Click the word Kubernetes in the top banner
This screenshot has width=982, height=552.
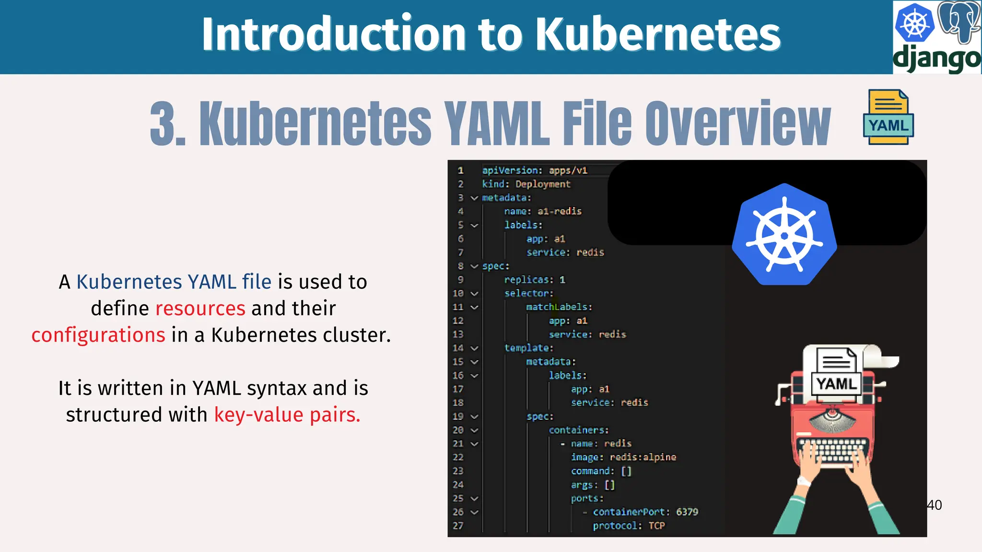click(x=658, y=34)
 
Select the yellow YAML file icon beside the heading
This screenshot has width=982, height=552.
click(x=888, y=117)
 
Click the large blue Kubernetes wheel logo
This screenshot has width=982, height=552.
click(x=784, y=235)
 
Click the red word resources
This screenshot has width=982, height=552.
click(x=200, y=309)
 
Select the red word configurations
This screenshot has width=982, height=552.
click(x=98, y=335)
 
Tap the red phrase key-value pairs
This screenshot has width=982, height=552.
click(x=287, y=415)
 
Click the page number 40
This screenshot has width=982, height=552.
click(x=935, y=505)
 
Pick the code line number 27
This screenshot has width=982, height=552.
click(x=458, y=526)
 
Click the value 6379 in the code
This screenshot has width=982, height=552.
click(x=687, y=512)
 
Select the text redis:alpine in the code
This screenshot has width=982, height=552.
click(x=643, y=457)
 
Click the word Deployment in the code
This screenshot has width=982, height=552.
click(x=543, y=184)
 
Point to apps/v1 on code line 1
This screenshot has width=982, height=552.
click(x=568, y=170)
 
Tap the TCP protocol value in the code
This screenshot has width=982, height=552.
click(x=656, y=526)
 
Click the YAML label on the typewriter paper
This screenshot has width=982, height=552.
click(x=836, y=384)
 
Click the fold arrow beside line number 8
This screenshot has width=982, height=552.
click(x=474, y=266)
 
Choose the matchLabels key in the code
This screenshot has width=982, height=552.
click(x=559, y=307)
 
